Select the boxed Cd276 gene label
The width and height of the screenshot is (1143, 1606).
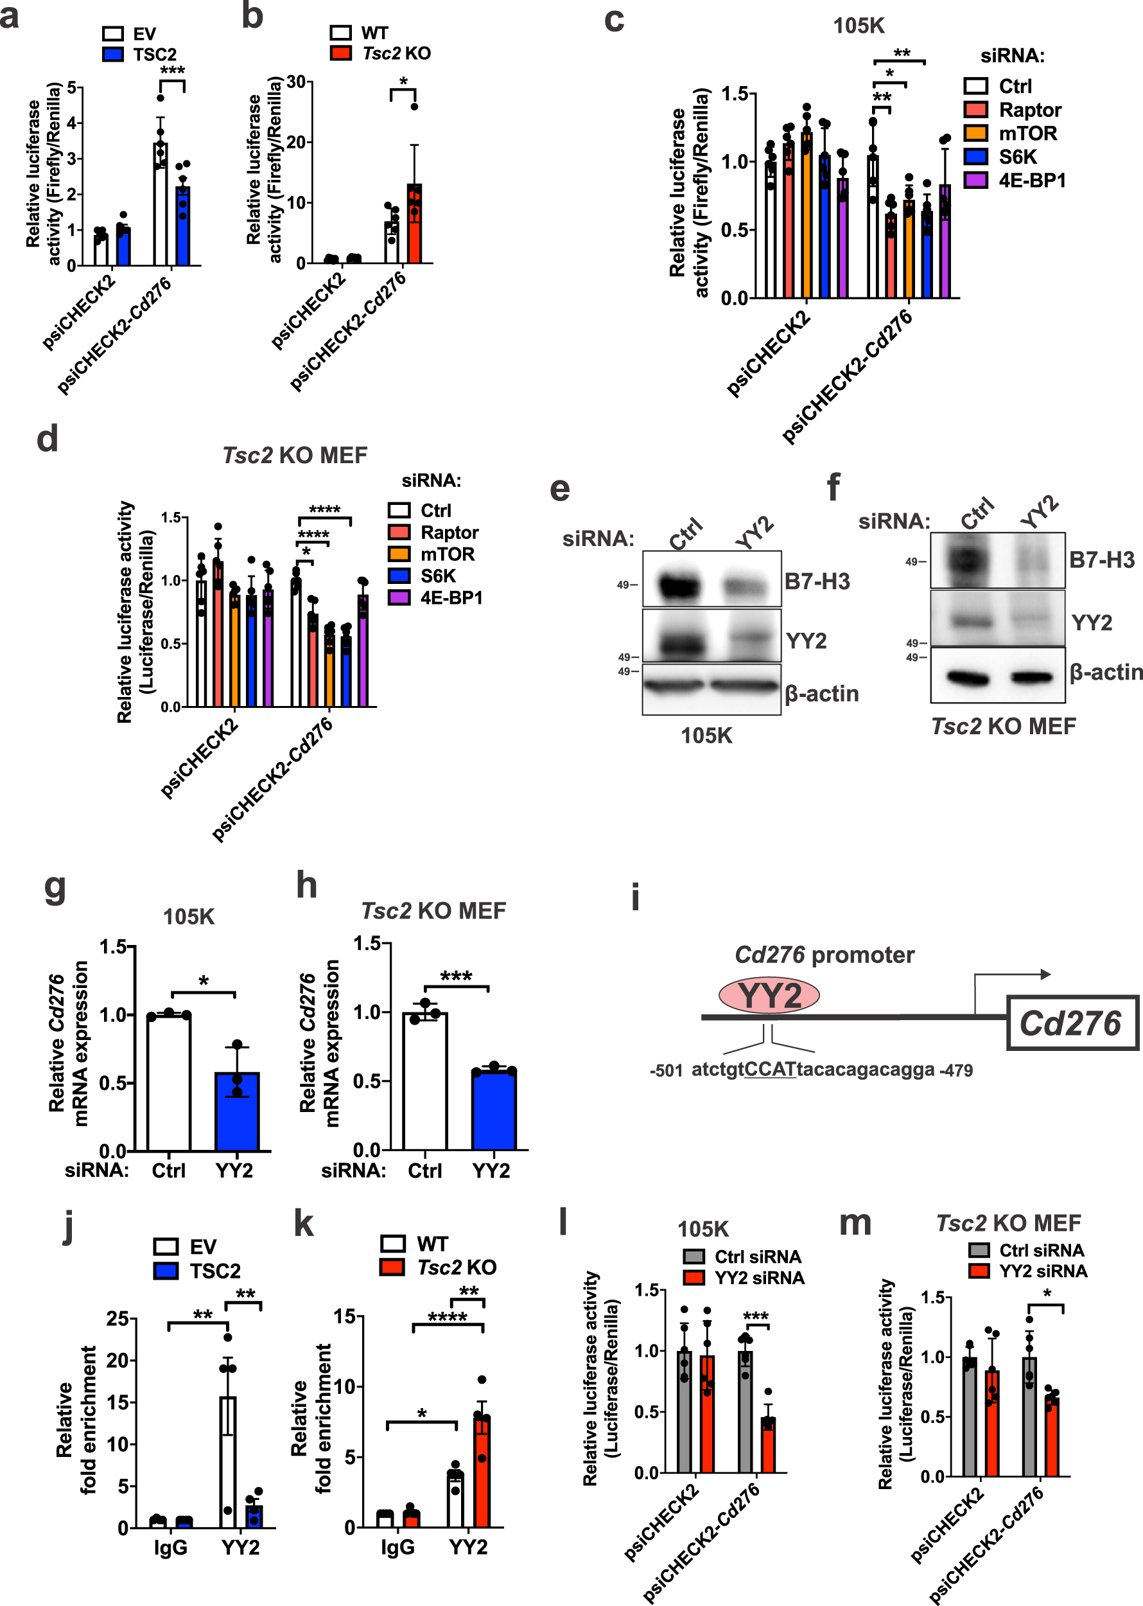1070,1023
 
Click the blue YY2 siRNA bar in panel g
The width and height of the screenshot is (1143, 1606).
237,1112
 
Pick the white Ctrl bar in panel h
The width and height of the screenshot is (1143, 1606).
424,1081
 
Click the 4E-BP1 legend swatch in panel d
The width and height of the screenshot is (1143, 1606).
399,598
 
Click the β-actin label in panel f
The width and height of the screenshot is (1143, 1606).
1106,673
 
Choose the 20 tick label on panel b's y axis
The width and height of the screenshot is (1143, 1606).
296,142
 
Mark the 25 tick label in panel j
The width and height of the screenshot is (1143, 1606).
118,1318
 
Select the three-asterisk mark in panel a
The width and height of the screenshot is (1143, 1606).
173,71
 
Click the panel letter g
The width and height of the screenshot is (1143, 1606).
55,888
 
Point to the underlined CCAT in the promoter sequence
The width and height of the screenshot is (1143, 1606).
770,1070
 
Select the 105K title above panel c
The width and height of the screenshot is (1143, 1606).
859,26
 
